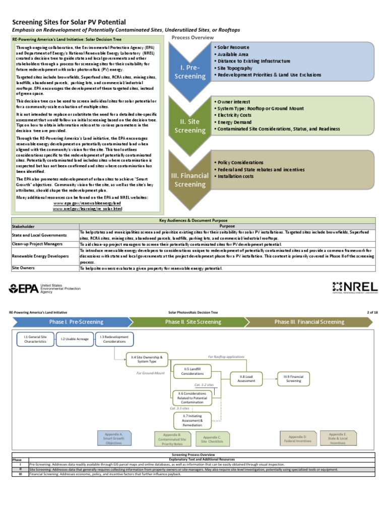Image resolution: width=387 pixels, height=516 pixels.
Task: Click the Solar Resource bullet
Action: coord(232,47)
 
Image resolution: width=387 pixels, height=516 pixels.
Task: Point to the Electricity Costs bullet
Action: coord(235,115)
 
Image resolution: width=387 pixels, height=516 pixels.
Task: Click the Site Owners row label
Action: coord(26,268)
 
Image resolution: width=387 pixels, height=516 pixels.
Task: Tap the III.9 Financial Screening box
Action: coord(293,378)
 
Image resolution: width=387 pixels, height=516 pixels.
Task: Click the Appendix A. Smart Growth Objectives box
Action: coord(114,438)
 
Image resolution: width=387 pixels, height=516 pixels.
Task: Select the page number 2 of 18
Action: coord(372,312)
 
